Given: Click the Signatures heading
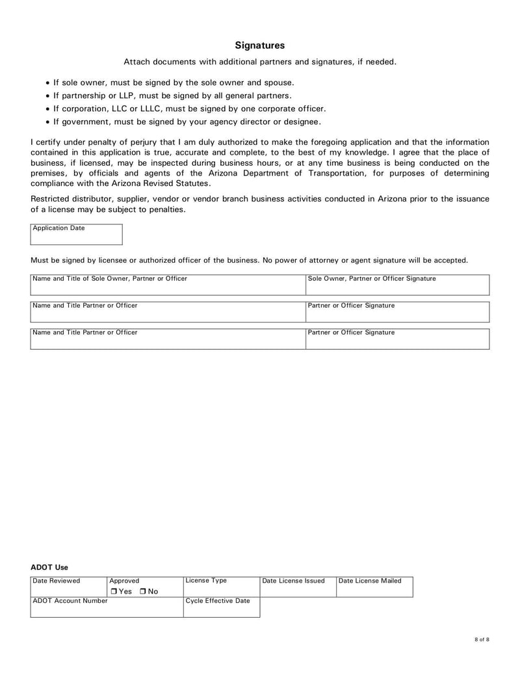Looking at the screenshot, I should click(259, 46).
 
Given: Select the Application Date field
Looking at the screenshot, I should click(76, 235).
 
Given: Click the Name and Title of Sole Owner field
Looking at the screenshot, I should click(168, 285).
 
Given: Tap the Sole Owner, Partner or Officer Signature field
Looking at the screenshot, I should click(397, 285).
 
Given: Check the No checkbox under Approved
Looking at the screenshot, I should click(142, 591).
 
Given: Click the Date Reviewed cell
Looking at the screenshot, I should click(68, 587).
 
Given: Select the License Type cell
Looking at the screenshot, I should click(221, 587).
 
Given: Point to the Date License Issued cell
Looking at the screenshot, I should click(298, 587).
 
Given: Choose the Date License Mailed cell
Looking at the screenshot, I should click(374, 587).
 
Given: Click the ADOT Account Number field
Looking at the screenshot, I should click(107, 607).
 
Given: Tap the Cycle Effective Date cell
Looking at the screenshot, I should click(221, 607).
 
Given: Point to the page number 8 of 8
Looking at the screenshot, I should click(482, 640).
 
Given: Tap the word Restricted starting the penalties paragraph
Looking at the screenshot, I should click(50, 199).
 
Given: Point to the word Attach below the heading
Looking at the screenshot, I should click(136, 62).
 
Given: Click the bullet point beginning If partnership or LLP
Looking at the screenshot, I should click(172, 96).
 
